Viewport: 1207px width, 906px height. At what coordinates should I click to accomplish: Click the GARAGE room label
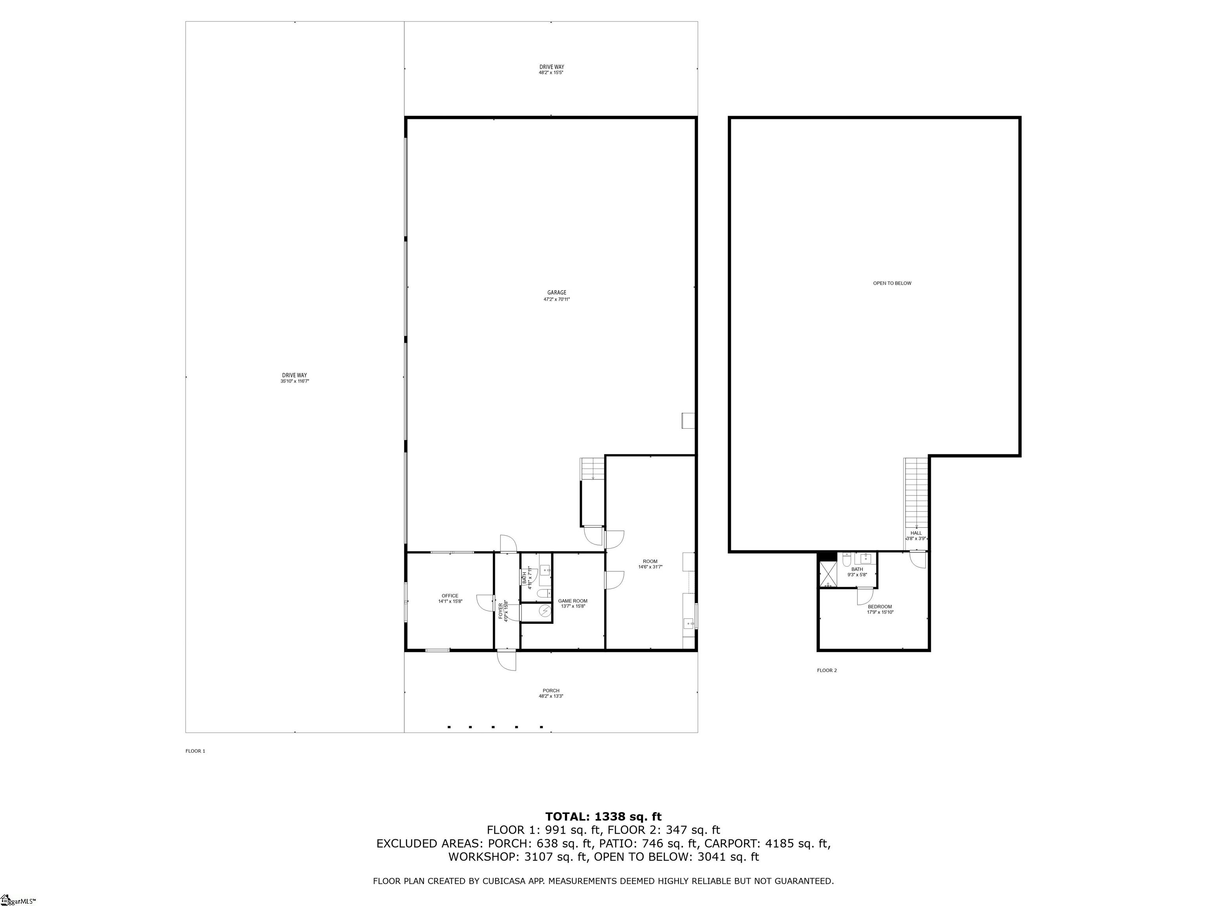[557, 293]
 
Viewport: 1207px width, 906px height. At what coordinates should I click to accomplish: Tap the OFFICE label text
[449, 596]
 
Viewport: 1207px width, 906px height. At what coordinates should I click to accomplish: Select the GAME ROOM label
[572, 601]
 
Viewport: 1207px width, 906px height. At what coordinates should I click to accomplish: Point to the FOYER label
[501, 611]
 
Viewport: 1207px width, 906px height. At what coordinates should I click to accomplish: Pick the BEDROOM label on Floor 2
[880, 607]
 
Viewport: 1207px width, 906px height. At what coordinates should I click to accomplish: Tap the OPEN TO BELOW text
[891, 284]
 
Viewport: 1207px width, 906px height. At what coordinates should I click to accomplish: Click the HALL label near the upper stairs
[915, 533]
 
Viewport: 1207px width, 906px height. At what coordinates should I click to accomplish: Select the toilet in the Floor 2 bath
[846, 560]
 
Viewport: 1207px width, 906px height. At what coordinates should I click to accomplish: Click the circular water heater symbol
[545, 611]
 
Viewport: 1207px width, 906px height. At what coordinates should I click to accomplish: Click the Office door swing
[484, 602]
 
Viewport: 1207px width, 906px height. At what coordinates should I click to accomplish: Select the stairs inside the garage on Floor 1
[592, 469]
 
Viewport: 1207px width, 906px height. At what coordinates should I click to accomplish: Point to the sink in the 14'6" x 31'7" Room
[689, 622]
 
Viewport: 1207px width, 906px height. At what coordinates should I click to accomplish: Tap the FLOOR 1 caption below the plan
[195, 751]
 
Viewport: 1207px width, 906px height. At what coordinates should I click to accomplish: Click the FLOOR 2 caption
[826, 670]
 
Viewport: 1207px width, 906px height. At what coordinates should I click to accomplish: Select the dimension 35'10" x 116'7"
[295, 381]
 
